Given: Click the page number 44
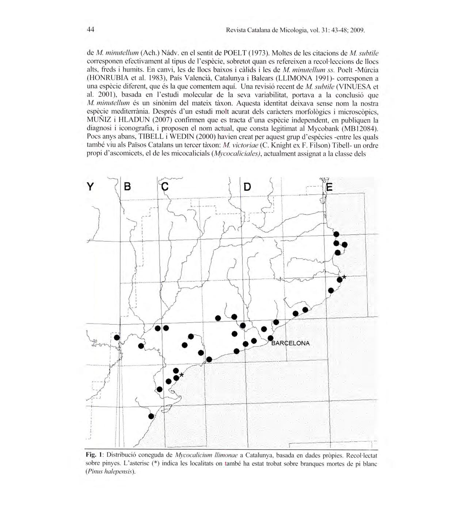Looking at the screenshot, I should point(91,30).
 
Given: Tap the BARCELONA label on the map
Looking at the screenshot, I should point(291,343).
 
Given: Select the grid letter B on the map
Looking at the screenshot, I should point(127,187).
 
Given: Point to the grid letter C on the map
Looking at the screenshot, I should point(165,187).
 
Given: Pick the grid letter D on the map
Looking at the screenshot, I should point(247,187).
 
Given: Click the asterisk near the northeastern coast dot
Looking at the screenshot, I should point(344,277).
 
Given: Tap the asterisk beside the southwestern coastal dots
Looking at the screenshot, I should point(182,375).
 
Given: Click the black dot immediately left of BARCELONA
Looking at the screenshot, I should point(270,338).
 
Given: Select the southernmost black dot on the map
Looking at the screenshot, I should point(151,416).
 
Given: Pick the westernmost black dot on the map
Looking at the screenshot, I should point(117,337).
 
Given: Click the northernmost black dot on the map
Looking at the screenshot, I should point(336,234).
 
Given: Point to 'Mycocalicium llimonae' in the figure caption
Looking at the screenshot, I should point(206,455).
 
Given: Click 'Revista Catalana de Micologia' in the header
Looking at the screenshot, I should point(266,30).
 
